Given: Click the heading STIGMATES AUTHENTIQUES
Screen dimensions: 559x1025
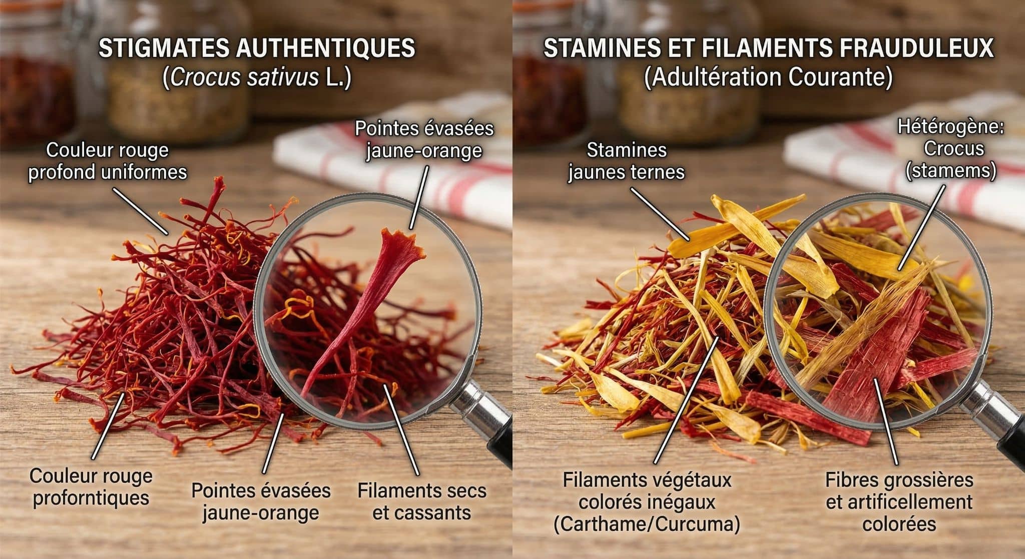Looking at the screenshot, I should point(257,49).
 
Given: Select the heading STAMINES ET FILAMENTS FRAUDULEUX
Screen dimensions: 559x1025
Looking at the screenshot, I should point(768,49).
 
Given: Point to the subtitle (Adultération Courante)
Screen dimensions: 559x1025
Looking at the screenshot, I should point(768,78).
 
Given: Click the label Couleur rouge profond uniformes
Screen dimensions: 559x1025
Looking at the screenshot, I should point(107,161).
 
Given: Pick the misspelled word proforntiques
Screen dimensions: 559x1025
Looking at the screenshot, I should point(91,498).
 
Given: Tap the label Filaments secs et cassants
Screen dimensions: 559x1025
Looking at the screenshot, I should point(422,501).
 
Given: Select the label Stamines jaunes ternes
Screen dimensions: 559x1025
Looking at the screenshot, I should point(626,161).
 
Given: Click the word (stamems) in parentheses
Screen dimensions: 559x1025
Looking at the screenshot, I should point(951,171).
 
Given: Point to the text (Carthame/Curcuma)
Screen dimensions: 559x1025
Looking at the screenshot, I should point(647,524).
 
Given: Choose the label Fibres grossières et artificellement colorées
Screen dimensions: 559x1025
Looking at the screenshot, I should point(899,501).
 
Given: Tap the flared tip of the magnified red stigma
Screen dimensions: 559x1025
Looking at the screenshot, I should point(400,240).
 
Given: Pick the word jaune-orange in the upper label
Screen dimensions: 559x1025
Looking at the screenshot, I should point(424,151).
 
